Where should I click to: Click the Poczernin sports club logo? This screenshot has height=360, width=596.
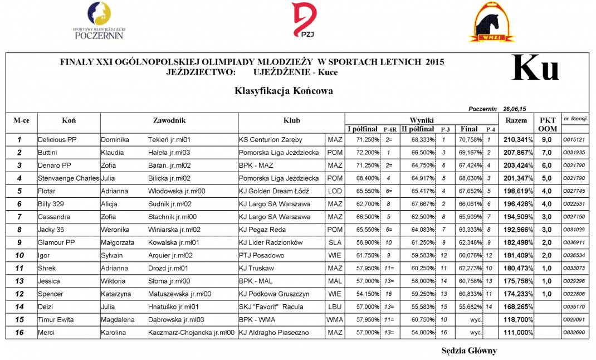99,21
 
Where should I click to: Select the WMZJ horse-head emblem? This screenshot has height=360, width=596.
490,22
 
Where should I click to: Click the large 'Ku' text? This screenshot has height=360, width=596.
535,69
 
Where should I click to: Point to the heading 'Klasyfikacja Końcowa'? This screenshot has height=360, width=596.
284,91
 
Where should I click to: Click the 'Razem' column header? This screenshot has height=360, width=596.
516,120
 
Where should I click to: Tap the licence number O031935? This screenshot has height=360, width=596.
574,153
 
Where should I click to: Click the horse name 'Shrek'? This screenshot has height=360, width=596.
46,269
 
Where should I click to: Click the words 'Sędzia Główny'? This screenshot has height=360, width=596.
468,351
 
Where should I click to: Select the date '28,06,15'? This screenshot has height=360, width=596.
515,110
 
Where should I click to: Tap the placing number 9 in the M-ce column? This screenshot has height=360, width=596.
19,242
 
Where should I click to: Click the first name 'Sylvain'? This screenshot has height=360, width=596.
113,256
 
